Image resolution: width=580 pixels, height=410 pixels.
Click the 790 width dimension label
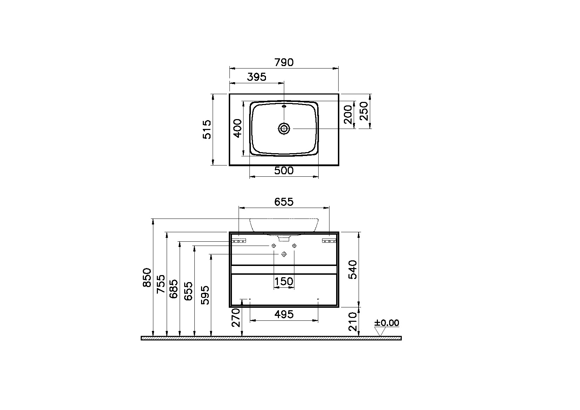pos(284,63)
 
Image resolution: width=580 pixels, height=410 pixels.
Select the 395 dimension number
pos(256,77)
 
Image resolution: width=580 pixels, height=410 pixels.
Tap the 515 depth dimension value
pos(207,129)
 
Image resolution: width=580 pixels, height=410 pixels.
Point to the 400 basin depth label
pos(238,128)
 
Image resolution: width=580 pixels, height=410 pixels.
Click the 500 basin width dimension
pos(284,171)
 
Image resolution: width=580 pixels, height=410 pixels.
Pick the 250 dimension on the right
pos(364,111)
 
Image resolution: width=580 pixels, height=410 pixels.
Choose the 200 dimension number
pos(348,115)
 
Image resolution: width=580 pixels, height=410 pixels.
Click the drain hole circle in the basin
pos(284,129)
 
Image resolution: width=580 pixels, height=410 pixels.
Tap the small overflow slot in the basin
pos(284,106)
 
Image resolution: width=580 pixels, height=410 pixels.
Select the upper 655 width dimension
pos(284,202)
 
